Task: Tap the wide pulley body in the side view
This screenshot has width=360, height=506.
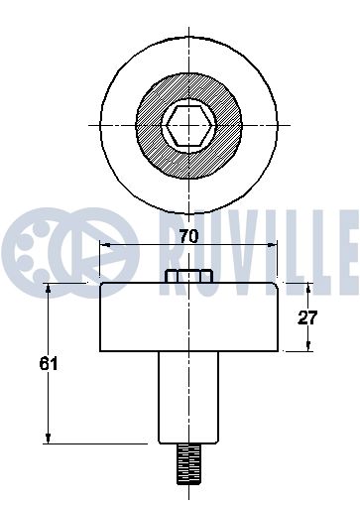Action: (x=188, y=317)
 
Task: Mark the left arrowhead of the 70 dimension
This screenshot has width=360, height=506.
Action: (x=105, y=245)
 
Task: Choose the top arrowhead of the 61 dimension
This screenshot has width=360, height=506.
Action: (x=47, y=288)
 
